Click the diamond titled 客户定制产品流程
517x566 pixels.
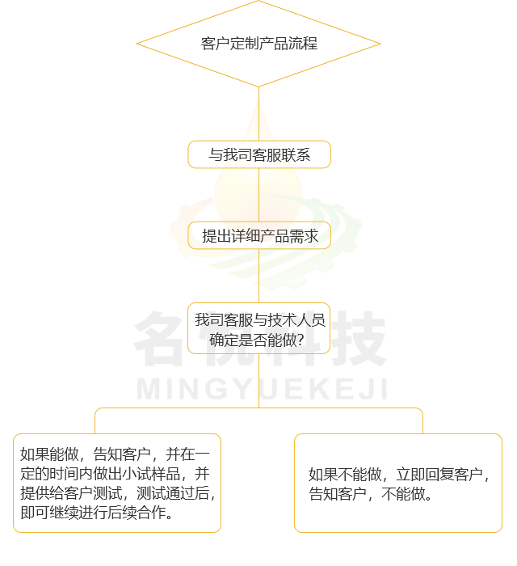coord(258,44)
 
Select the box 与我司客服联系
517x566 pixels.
coord(259,154)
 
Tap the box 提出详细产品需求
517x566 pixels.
coord(259,236)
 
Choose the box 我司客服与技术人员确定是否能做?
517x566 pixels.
coord(258,328)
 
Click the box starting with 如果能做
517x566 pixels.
coord(117,483)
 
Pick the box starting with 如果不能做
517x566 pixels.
coord(398,483)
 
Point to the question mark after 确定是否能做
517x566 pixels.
coord(300,340)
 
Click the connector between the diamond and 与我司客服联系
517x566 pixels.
coord(258,114)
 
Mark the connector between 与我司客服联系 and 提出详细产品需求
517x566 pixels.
coord(258,195)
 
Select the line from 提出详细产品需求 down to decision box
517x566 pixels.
coord(258,277)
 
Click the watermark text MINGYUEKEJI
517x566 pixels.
coord(263,389)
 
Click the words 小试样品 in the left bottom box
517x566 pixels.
coord(151,474)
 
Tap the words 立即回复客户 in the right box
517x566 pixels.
coord(439,475)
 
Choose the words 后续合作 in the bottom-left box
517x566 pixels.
coord(137,513)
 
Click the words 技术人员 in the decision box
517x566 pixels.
coord(296,320)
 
